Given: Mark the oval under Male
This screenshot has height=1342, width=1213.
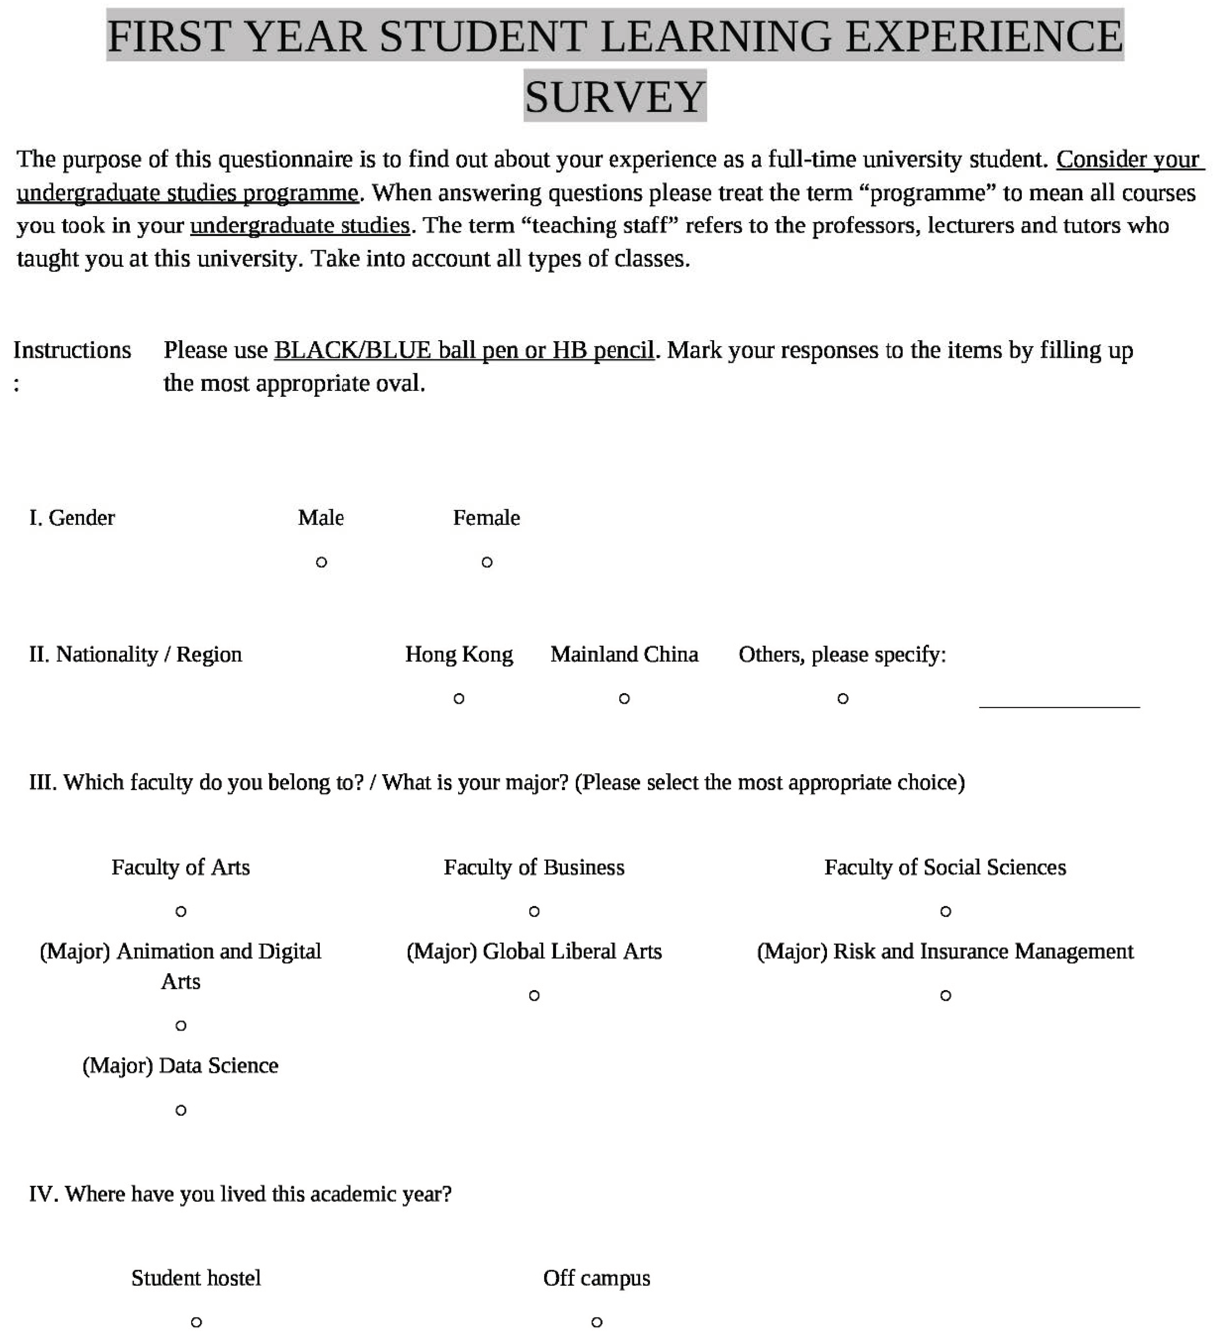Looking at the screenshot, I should (x=321, y=562).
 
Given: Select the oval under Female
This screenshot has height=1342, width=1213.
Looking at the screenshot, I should (x=487, y=562).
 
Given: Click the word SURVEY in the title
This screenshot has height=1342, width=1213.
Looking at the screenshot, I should (x=614, y=97).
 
